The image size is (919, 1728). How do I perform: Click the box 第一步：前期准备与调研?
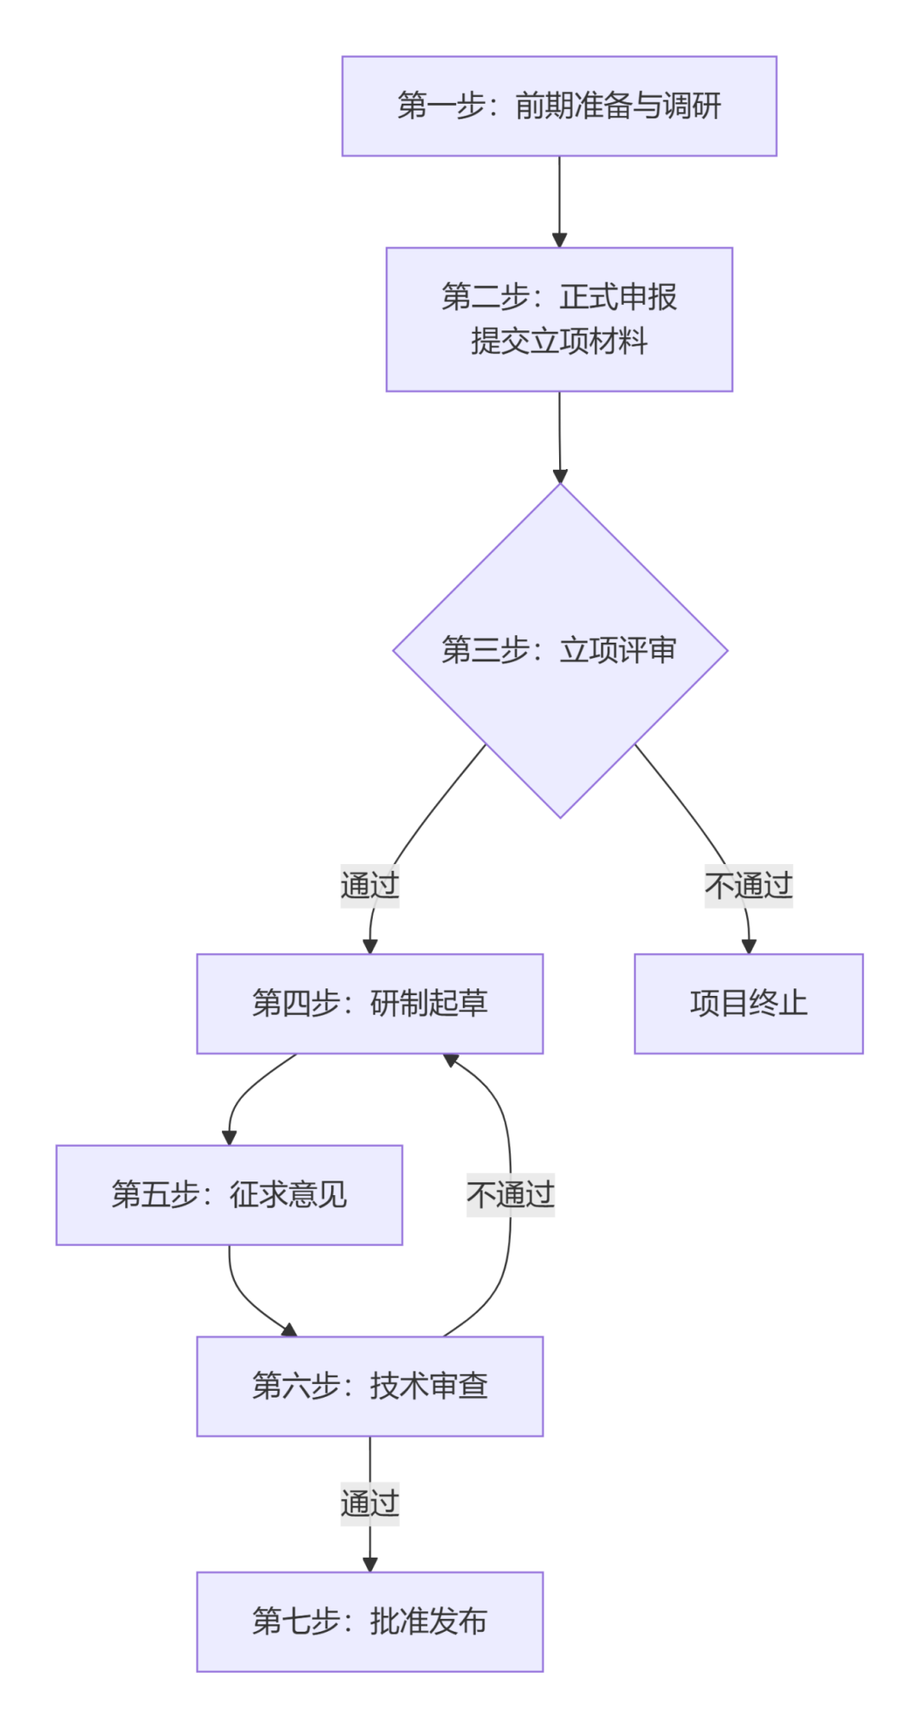[x=559, y=106]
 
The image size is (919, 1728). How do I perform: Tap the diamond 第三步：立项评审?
[x=559, y=650]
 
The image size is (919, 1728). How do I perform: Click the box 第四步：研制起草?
[x=369, y=1004]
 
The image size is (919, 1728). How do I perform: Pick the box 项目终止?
[x=748, y=1004]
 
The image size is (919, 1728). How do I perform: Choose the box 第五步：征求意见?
[x=229, y=1195]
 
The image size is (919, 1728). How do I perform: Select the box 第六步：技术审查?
[x=369, y=1387]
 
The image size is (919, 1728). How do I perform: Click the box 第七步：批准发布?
[x=369, y=1622]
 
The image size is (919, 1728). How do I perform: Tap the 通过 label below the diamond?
[x=369, y=885]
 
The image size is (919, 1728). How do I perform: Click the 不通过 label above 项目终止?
[x=748, y=885]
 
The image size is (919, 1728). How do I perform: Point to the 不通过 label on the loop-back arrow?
[x=510, y=1194]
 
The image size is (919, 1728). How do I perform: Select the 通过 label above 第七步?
[x=369, y=1503]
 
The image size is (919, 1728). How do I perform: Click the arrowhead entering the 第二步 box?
[x=559, y=240]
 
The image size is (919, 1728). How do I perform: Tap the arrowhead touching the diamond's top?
[x=559, y=476]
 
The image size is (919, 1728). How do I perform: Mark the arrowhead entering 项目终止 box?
[x=749, y=946]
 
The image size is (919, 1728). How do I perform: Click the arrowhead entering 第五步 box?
[x=229, y=1137]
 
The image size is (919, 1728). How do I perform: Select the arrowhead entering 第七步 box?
[x=369, y=1564]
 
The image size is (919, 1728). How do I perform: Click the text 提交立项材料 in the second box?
[x=559, y=341]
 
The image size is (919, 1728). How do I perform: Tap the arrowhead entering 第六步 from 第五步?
[x=289, y=1330]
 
